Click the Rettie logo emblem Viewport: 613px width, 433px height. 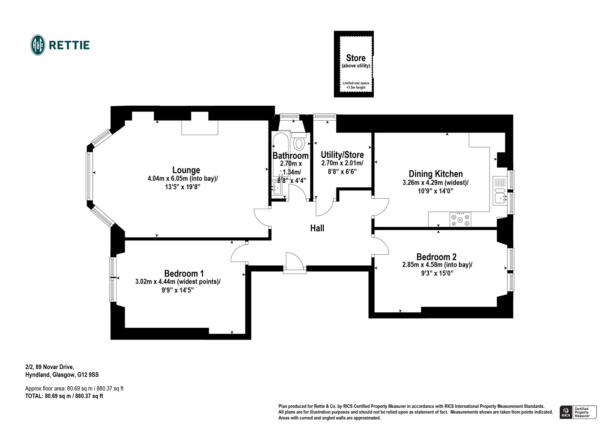[38, 45]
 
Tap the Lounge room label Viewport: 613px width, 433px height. [186, 170]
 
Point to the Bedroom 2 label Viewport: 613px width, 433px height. [436, 257]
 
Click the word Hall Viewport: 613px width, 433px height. [317, 229]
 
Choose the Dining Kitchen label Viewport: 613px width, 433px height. [436, 174]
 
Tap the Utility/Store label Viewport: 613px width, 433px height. [342, 155]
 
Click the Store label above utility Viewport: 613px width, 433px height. [356, 58]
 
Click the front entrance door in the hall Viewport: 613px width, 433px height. [294, 262]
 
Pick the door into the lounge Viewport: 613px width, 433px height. [262, 217]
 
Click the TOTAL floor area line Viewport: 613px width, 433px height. [64, 396]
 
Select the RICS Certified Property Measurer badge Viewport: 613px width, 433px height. [578, 412]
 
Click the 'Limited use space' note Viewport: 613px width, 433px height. [356, 85]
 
